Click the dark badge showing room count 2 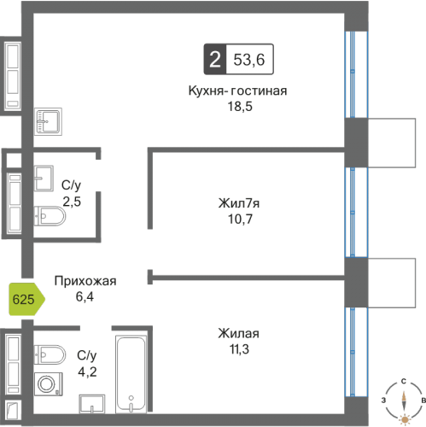click(x=214, y=60)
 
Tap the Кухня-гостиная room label click(x=237, y=91)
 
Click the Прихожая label click(x=84, y=280)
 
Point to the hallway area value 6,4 click(x=84, y=295)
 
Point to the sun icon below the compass click(x=403, y=418)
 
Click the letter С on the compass click(x=403, y=382)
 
